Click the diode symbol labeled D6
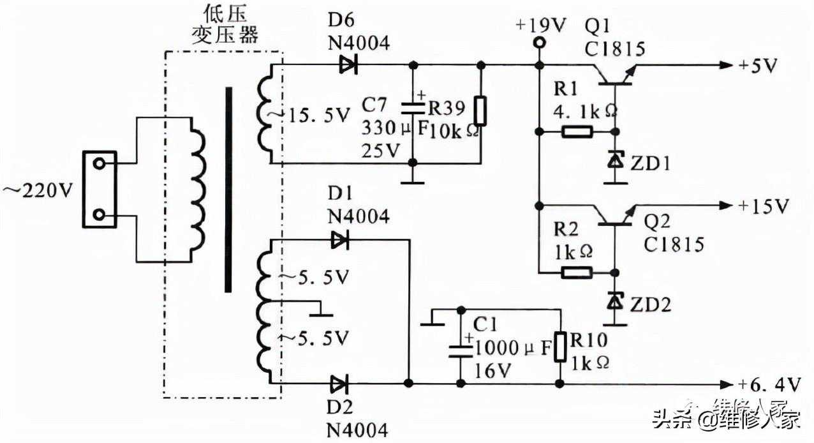pyautogui.click(x=348, y=64)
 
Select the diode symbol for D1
pyautogui.click(x=339, y=240)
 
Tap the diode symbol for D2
pyautogui.click(x=339, y=384)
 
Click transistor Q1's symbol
pyautogui.click(x=612, y=75)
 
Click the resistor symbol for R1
pyautogui.click(x=577, y=132)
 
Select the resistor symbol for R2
pyautogui.click(x=577, y=273)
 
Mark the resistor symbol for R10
pyautogui.click(x=560, y=347)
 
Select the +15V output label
pyautogui.click(x=764, y=206)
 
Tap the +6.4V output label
pyautogui.click(x=768, y=384)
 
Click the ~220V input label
pyautogui.click(x=37, y=190)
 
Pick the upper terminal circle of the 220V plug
pyautogui.click(x=99, y=163)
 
